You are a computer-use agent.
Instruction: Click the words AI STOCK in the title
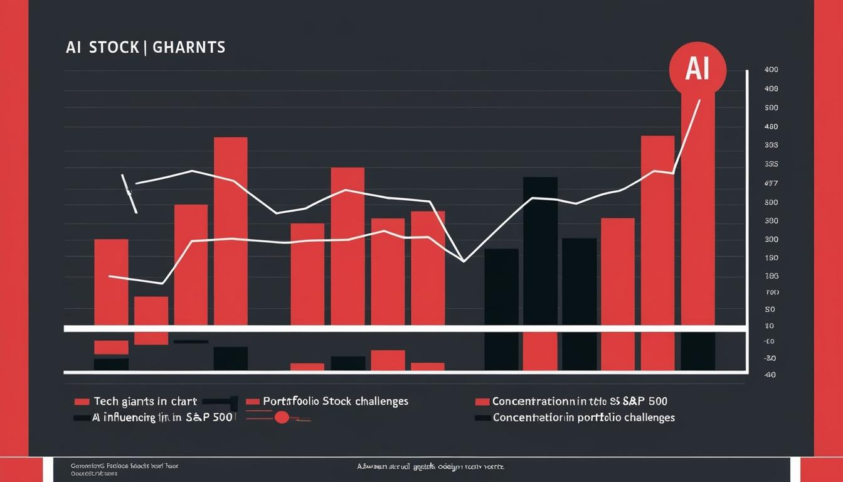click(x=102, y=48)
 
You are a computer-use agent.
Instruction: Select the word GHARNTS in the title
click(x=189, y=48)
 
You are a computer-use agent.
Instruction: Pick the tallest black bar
click(x=540, y=251)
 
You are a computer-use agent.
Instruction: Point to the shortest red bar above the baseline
click(x=151, y=311)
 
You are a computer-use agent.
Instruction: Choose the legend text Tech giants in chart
click(x=145, y=401)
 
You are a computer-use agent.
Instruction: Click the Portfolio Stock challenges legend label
click(x=336, y=401)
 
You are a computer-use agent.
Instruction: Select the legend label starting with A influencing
click(x=162, y=417)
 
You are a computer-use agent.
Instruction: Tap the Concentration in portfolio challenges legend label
click(x=583, y=417)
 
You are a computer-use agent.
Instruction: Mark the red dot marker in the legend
click(x=282, y=417)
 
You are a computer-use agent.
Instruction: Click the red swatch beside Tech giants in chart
click(x=82, y=402)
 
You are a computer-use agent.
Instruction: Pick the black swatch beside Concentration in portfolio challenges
click(x=482, y=418)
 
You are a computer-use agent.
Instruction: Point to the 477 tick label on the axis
click(x=771, y=184)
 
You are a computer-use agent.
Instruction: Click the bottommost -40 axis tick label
click(x=770, y=375)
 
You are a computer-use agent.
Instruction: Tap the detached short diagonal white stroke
click(x=129, y=193)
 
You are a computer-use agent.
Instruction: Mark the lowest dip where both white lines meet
click(x=464, y=260)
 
